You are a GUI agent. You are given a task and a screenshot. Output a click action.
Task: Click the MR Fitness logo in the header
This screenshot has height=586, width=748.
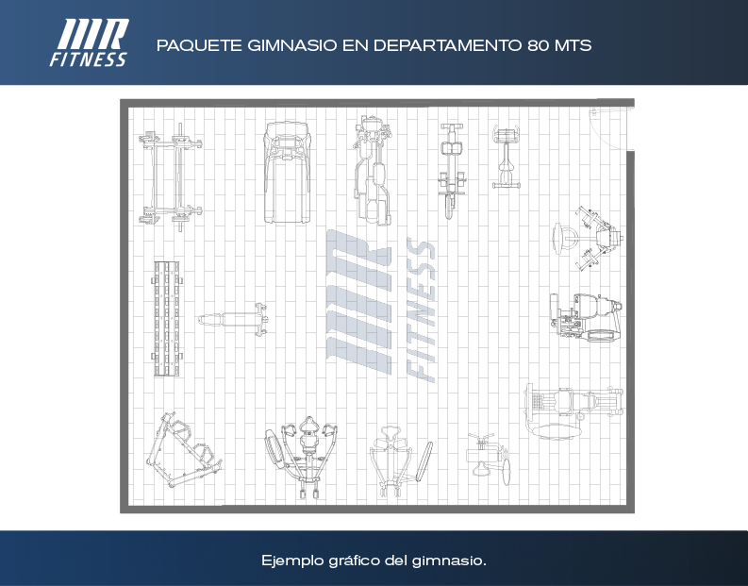pyautogui.click(x=90, y=42)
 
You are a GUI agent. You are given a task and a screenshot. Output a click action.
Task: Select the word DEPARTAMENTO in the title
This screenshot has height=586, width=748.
pyautogui.click(x=448, y=45)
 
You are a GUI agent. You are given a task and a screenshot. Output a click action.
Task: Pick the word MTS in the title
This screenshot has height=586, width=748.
pyautogui.click(x=573, y=45)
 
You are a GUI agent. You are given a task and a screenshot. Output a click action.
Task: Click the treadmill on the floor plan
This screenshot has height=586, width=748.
pyautogui.click(x=287, y=173)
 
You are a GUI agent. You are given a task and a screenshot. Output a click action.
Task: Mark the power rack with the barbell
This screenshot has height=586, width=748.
pyautogui.click(x=171, y=177)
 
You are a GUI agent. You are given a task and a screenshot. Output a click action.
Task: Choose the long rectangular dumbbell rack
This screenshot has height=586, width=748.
pyautogui.click(x=167, y=318)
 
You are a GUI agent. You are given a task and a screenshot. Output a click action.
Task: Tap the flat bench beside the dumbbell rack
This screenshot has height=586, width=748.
pyautogui.click(x=233, y=319)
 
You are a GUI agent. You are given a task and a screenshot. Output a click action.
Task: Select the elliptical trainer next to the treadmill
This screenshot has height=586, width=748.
pyautogui.click(x=373, y=170)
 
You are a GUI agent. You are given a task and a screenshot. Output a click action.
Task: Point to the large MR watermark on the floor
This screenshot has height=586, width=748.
pyautogui.click(x=358, y=302)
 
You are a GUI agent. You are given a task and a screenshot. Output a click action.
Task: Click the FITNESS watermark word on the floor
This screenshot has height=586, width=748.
pyautogui.click(x=421, y=310)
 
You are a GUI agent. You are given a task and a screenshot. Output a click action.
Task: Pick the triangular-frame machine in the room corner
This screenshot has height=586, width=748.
pyautogui.click(x=183, y=449)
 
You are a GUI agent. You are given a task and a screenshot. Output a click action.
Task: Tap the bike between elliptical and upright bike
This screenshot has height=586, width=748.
pyautogui.click(x=451, y=171)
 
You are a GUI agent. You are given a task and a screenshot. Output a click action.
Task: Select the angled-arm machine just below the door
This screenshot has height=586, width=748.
pyautogui.click(x=590, y=238)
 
